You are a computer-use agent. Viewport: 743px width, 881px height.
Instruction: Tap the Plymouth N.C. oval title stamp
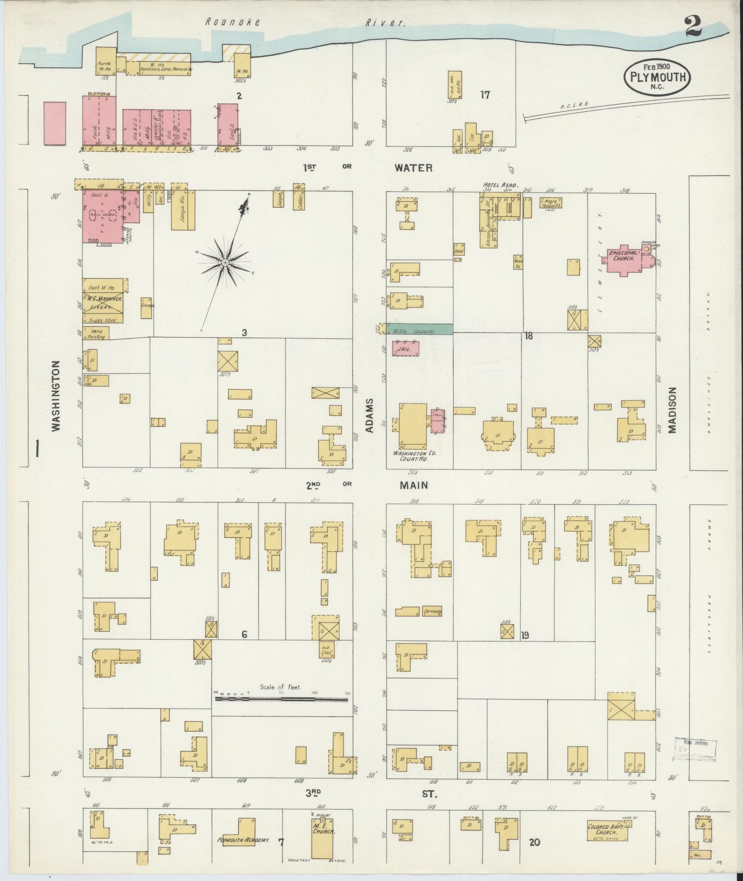[657, 77]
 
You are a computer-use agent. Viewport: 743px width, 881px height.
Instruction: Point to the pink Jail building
[405, 349]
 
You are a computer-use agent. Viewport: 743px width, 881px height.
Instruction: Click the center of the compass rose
[225, 263]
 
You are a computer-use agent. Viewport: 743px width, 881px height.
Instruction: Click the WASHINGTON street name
[56, 395]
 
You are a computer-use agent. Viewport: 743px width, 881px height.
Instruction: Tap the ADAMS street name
[369, 415]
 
